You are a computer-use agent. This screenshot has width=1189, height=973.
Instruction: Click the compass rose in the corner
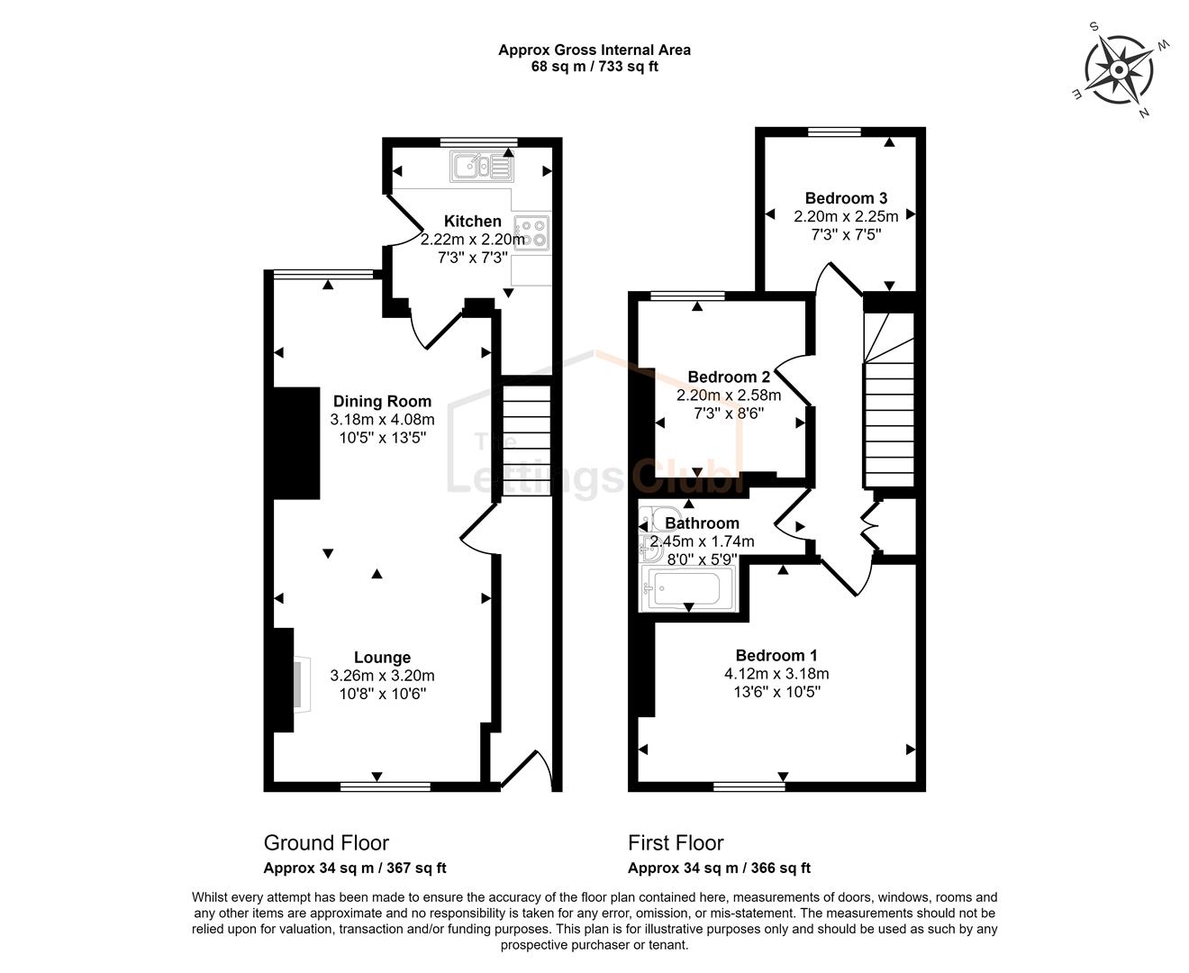[1120, 69]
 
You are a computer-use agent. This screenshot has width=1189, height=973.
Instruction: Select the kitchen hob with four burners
[531, 233]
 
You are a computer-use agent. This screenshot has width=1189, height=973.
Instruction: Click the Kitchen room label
[472, 221]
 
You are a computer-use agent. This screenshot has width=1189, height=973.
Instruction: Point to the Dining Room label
[382, 401]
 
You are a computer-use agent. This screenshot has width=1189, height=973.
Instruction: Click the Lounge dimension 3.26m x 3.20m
[382, 676]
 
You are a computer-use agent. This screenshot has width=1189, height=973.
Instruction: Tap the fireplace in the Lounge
[300, 684]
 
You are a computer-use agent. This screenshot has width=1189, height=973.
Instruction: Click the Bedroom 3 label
[846, 198]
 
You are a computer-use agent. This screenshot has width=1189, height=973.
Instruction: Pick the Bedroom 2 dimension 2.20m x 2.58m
[729, 395]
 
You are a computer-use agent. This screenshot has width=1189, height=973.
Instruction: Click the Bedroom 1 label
[776, 655]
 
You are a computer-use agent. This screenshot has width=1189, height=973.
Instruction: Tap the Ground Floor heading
[326, 843]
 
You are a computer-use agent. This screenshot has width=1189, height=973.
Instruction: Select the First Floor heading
[676, 843]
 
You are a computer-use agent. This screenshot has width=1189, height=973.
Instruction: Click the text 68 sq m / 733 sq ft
[594, 67]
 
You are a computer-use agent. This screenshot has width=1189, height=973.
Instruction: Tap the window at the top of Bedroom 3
[835, 132]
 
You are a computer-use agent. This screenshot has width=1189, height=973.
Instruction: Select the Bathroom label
[702, 523]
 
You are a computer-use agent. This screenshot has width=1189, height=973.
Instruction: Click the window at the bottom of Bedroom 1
[749, 787]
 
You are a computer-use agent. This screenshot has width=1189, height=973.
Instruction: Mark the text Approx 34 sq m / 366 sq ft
[719, 868]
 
